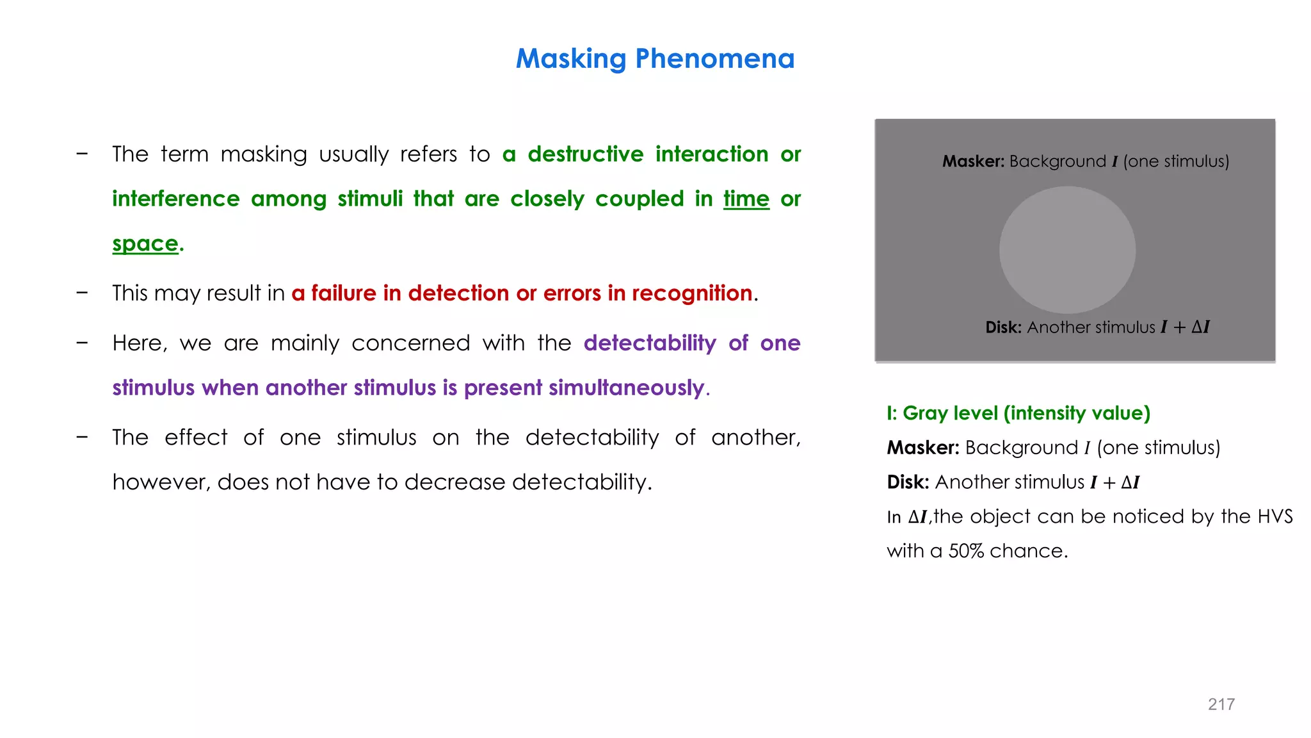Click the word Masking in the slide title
[x=570, y=59]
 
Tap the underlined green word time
[x=746, y=199]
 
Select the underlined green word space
[x=145, y=244]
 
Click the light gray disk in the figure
[x=1067, y=250]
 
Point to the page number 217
[x=1221, y=704]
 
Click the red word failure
[x=343, y=293]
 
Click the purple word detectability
[x=649, y=343]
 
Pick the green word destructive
[x=585, y=154]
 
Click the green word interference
[x=175, y=199]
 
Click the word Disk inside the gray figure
[x=1002, y=327]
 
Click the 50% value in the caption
[x=965, y=551]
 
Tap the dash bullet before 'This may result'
[x=82, y=293]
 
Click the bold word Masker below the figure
[x=922, y=448]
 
